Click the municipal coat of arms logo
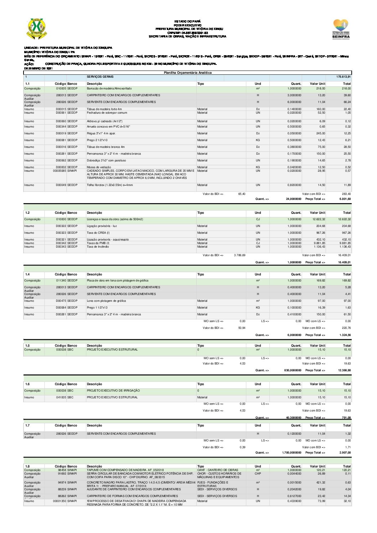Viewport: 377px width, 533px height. [x=37, y=29]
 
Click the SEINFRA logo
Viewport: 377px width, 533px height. [x=340, y=29]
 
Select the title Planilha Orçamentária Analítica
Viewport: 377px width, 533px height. [x=187, y=73]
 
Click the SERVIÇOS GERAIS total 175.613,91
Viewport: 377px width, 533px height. [x=344, y=77]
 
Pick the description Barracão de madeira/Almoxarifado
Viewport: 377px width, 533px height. [x=109, y=88]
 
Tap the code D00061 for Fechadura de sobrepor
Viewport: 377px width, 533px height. [x=61, y=113]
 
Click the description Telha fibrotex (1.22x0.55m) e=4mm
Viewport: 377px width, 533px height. [x=110, y=185]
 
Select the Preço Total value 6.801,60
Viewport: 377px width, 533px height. [x=345, y=199]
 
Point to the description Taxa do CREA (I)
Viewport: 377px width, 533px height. [x=98, y=233]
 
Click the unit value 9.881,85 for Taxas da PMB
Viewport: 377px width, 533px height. [x=319, y=243]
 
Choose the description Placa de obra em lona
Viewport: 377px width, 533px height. [x=118, y=280]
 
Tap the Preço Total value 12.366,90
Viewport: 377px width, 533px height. [x=344, y=370]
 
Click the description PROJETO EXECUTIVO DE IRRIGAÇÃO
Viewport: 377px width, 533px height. [x=113, y=390]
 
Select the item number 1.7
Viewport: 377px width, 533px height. [x=27, y=425]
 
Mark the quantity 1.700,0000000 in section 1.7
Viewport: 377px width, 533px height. [x=291, y=452]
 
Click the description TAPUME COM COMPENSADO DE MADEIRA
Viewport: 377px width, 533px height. [x=125, y=470]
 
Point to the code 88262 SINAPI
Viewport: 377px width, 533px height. [x=67, y=496]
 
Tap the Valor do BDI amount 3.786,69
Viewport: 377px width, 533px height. [x=239, y=255]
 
